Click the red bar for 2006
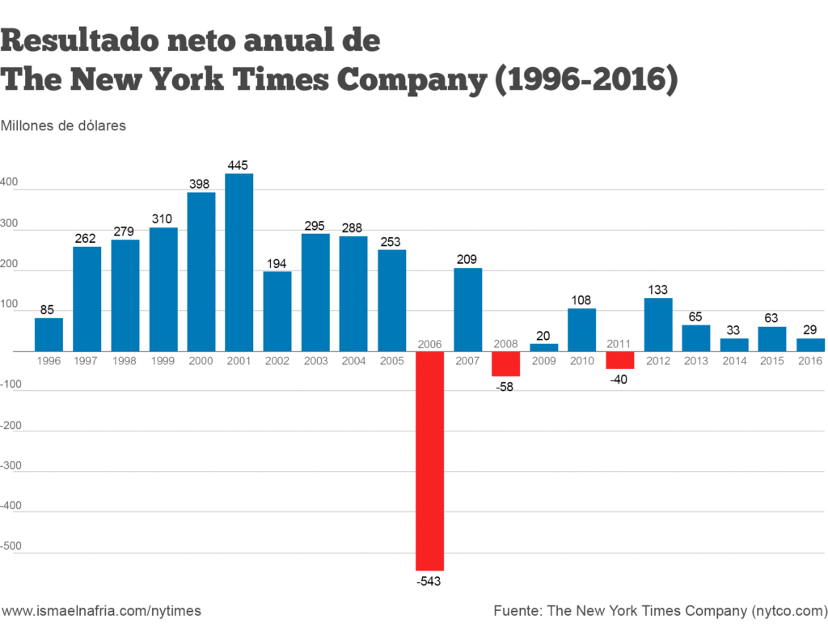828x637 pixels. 429,461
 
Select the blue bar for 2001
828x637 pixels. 239,262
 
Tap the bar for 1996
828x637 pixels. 49,334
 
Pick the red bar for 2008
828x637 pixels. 505,364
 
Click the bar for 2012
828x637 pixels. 658,325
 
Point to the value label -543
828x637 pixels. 429,581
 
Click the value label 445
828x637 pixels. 239,165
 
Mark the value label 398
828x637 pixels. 201,184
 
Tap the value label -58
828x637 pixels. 505,386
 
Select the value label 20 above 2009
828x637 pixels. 543,335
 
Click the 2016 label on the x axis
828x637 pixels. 810,360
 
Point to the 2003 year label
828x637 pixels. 315,360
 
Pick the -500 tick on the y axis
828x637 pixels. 12,546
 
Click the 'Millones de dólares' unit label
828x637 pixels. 64,126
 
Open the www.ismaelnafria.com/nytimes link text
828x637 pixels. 101,611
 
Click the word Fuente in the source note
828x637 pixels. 516,611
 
